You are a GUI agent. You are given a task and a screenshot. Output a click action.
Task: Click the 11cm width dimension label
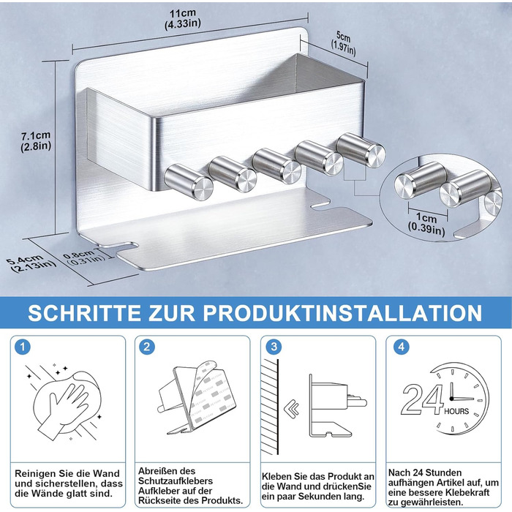tap(183, 18)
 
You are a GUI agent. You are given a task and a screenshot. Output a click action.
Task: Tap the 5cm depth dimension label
tap(343, 44)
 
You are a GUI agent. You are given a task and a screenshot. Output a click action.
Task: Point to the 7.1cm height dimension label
tap(36, 140)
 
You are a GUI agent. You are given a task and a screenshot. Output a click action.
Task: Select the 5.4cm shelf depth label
tap(31, 264)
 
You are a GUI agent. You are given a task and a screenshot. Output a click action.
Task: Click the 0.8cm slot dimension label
tap(84, 257)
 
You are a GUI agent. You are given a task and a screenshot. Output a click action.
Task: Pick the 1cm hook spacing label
tap(426, 223)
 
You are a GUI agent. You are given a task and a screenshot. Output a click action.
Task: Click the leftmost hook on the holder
tap(189, 181)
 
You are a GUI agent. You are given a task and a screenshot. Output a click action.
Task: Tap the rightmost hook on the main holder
tap(361, 150)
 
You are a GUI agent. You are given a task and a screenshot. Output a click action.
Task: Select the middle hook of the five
tap(276, 165)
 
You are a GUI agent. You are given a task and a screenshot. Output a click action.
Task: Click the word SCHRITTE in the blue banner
tap(85, 313)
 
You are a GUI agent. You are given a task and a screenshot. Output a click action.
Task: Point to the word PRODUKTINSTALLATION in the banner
tap(342, 313)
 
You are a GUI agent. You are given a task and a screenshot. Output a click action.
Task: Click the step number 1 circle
tap(23, 347)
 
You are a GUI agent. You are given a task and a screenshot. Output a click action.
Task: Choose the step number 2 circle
tap(147, 347)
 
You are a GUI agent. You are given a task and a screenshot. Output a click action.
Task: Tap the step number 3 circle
tap(274, 347)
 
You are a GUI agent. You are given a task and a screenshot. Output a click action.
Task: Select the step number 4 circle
tap(402, 347)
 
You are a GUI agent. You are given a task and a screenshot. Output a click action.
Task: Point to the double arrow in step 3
tap(292, 408)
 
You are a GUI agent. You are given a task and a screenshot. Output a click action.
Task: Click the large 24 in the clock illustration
tap(422, 399)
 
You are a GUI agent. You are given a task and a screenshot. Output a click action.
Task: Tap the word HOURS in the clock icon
tap(456, 411)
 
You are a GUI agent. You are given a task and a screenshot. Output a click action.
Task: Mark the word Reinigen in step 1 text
tap(34, 473)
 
